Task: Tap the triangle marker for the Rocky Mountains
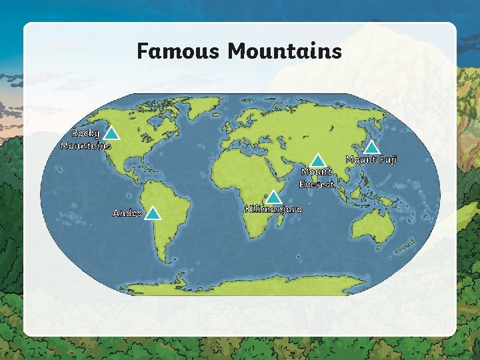tap(112, 134)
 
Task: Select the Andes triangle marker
tap(153, 213)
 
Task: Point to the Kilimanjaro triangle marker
tap(273, 197)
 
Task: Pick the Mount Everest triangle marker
tap(318, 161)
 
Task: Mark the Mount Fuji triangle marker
tap(373, 147)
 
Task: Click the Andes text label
tap(127, 213)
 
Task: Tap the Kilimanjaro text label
tap(273, 209)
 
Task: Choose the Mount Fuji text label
tap(371, 160)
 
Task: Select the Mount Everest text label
tap(317, 178)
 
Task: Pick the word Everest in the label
tap(317, 185)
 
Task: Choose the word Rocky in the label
tap(86, 133)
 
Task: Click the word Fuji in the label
tap(388, 160)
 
